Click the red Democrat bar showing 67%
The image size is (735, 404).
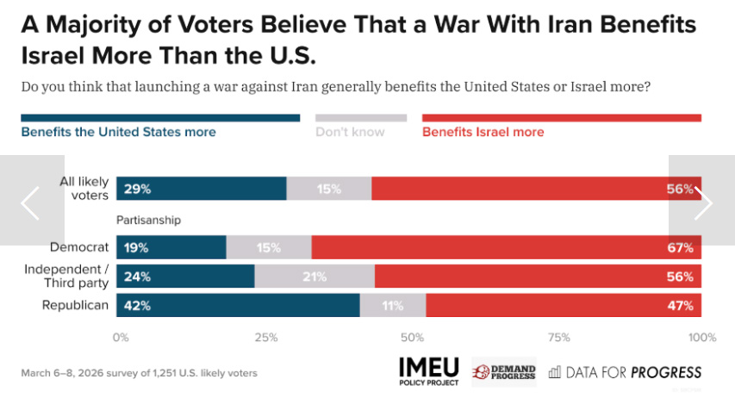coord(506,247)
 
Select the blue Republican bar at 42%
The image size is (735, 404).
coord(238,305)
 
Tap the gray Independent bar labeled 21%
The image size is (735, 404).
coord(315,277)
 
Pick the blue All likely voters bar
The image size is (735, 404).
coord(202,188)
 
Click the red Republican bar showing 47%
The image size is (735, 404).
coord(563,305)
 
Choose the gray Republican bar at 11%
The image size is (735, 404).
coord(393,305)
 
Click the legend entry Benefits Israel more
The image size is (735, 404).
coord(483,132)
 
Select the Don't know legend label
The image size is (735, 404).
coord(350,132)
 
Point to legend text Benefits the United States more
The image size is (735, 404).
coord(118,132)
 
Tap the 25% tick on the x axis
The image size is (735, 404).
coord(266,337)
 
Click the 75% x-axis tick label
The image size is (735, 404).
coord(558,337)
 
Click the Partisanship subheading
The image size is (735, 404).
coord(148,220)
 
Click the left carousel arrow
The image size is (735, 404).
coord(31,203)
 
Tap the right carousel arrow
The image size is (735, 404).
coord(703,203)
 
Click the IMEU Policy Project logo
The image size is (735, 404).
coord(429,370)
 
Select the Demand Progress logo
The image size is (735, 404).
coord(504,372)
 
